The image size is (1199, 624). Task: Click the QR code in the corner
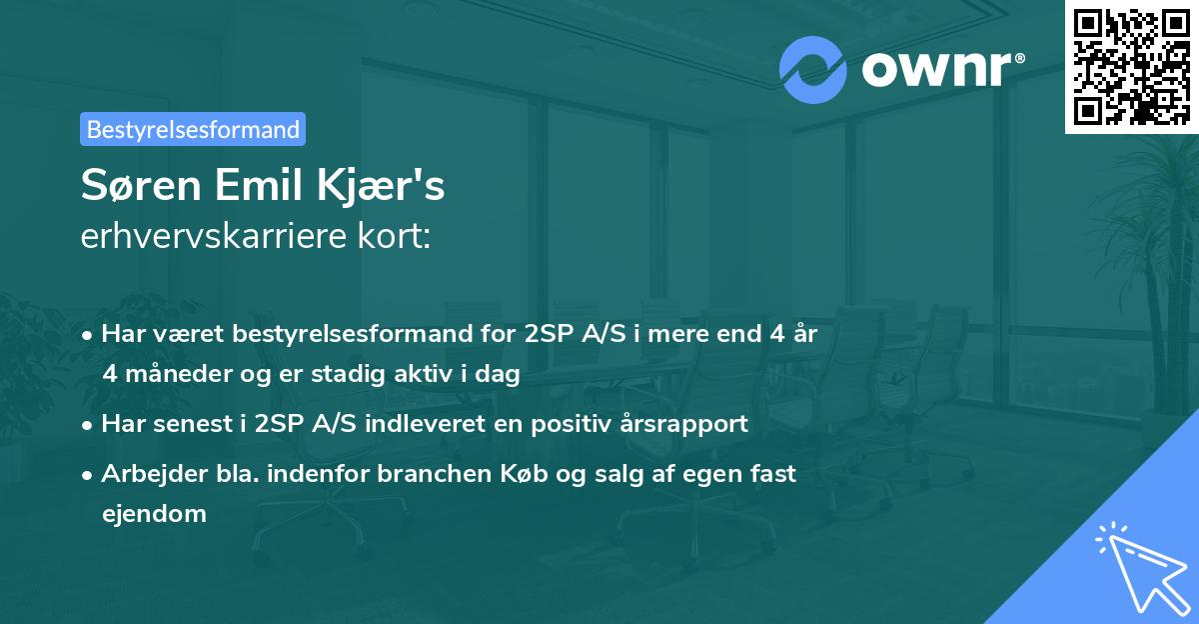pyautogui.click(x=1131, y=66)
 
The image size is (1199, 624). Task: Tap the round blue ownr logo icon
pyautogui.click(x=812, y=69)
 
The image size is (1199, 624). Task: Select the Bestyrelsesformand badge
pyautogui.click(x=193, y=129)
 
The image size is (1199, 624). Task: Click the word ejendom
pyautogui.click(x=154, y=514)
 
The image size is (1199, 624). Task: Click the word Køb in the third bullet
pyautogui.click(x=535, y=473)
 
